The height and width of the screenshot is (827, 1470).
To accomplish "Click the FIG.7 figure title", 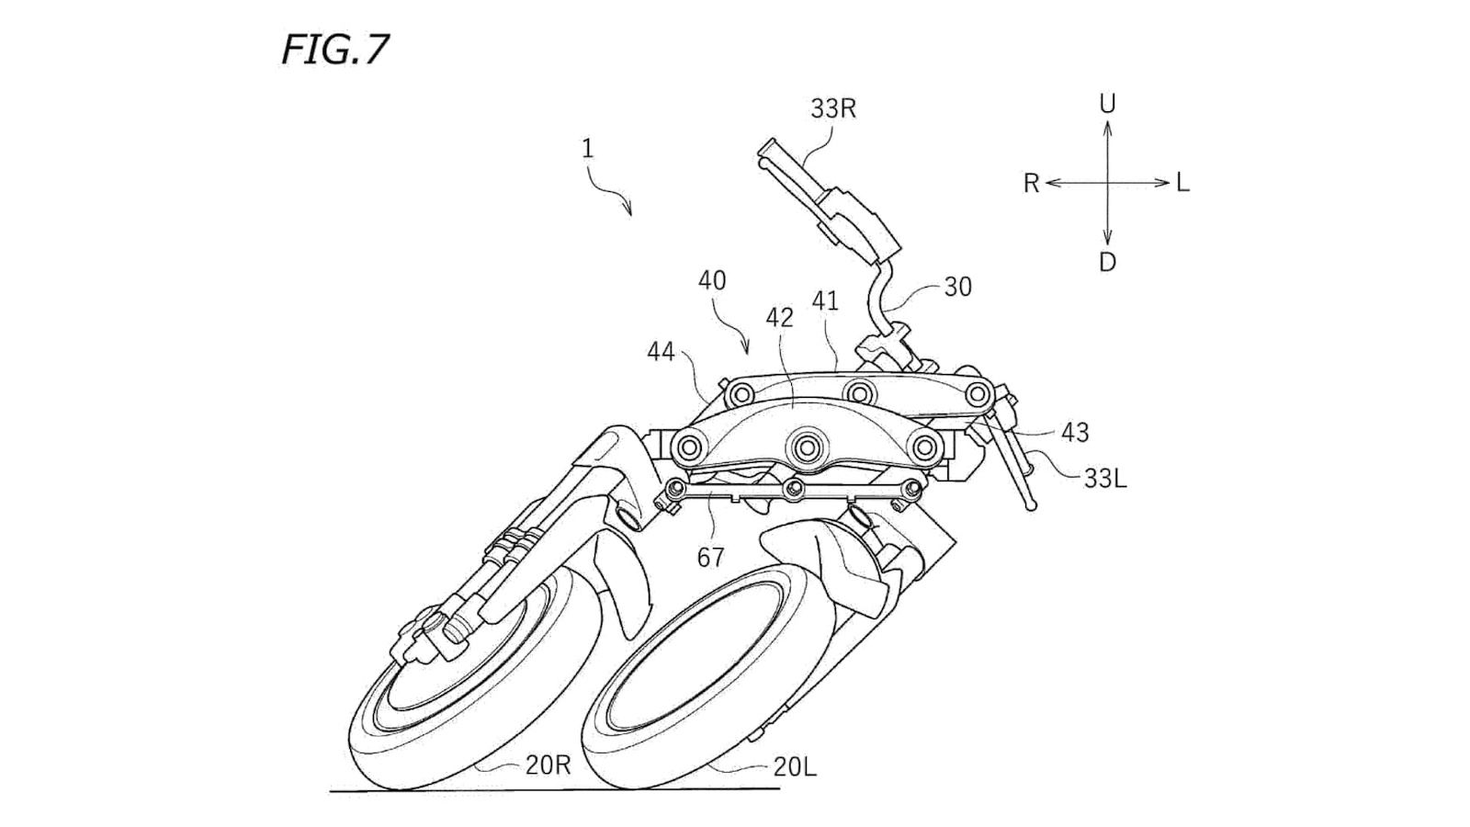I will pyautogui.click(x=335, y=50).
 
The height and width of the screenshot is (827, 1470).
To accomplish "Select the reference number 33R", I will pyautogui.click(x=832, y=109).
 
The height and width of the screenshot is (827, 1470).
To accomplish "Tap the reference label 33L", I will pyautogui.click(x=1104, y=479).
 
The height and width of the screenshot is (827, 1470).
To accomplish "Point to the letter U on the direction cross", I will pyautogui.click(x=1107, y=104).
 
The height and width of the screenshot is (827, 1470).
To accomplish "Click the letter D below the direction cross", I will pyautogui.click(x=1107, y=263).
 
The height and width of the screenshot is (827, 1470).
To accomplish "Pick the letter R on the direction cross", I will pyautogui.click(x=1031, y=184).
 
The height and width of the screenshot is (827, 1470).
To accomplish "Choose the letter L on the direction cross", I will pyautogui.click(x=1182, y=183).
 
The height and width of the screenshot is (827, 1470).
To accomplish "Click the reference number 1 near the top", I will pyautogui.click(x=587, y=149).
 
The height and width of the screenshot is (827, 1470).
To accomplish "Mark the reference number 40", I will pyautogui.click(x=711, y=280).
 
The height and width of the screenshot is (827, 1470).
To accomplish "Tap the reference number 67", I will pyautogui.click(x=710, y=557).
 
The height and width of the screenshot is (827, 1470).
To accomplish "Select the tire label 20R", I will pyautogui.click(x=548, y=765).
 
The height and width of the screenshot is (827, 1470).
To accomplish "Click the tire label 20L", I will pyautogui.click(x=794, y=767).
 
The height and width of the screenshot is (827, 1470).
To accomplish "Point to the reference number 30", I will pyautogui.click(x=957, y=288).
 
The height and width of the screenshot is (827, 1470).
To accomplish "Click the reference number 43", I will pyautogui.click(x=1074, y=432).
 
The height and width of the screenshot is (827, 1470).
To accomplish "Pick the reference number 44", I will pyautogui.click(x=661, y=352).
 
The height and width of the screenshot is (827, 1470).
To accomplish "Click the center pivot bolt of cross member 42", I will pyautogui.click(x=808, y=447).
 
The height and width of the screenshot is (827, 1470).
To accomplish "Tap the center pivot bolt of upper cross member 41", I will pyautogui.click(x=859, y=392).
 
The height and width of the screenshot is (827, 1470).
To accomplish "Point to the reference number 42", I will pyautogui.click(x=779, y=318).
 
